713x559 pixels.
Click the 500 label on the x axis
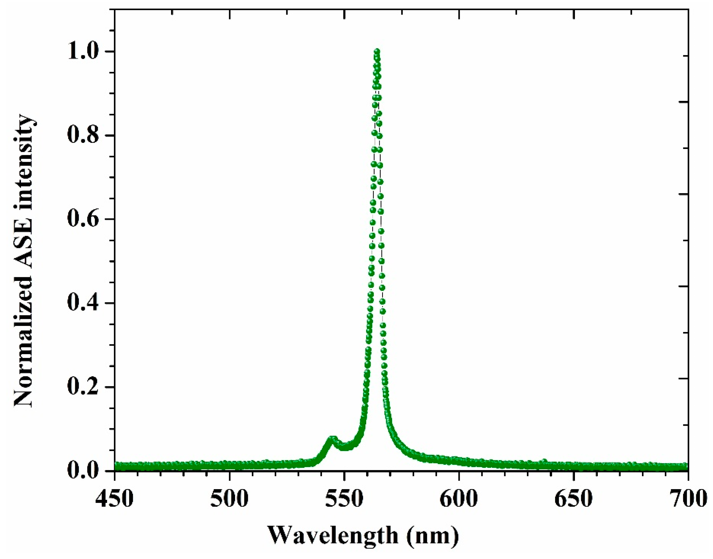coord(229,500)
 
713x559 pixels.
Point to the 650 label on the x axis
coord(574,500)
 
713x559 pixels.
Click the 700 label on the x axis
coord(688,500)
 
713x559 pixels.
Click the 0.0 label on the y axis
coord(86,471)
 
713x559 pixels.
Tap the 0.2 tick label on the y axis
coord(86,387)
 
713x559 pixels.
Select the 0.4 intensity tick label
coord(86,303)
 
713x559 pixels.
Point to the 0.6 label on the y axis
coord(86,219)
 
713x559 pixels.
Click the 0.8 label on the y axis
coord(86,136)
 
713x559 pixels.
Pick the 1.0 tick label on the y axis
coord(86,52)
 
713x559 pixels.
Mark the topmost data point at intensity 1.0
coord(377,52)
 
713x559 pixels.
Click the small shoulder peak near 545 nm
coord(332,439)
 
